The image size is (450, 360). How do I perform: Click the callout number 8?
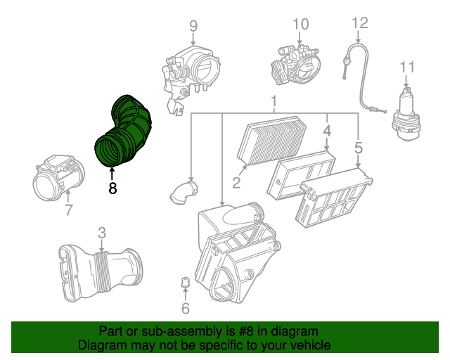112,188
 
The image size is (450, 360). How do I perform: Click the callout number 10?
300,25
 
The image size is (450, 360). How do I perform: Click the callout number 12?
359,23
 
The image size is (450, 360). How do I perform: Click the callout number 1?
273,105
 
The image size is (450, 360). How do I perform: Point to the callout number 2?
237,184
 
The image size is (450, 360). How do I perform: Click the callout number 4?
327,131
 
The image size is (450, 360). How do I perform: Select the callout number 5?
359,148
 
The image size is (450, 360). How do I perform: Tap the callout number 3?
101,232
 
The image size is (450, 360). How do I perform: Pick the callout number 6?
186,308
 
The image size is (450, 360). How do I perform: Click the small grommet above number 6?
186,283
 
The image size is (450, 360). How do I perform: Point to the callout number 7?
68,209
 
